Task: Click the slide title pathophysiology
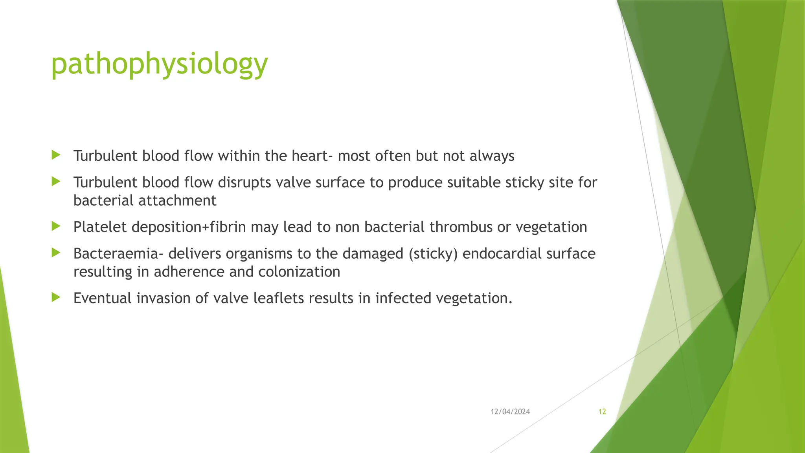point(159,64)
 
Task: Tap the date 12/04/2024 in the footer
point(510,412)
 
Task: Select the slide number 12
point(602,412)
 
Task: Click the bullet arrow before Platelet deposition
point(56,226)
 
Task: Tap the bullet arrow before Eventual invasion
point(56,297)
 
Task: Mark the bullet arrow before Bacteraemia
point(56,253)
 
